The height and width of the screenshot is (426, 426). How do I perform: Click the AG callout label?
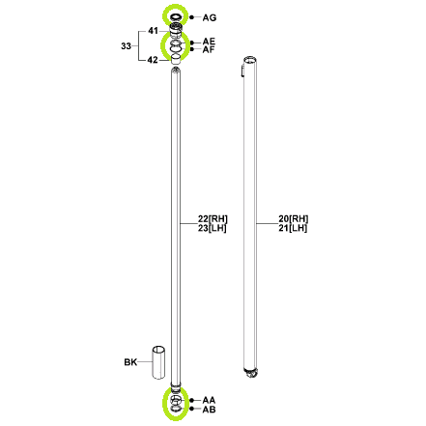(x=210, y=17)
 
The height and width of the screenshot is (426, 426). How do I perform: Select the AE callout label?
(x=209, y=42)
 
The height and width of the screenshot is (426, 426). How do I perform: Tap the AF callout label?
(x=209, y=49)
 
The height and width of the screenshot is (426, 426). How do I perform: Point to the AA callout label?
(x=209, y=400)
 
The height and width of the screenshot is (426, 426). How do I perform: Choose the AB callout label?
(x=209, y=410)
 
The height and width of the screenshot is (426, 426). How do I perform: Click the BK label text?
(x=130, y=362)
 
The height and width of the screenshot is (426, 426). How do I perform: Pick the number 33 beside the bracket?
(x=126, y=46)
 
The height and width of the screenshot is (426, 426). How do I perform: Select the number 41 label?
(x=153, y=31)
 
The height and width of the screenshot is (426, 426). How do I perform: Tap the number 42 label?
(x=153, y=60)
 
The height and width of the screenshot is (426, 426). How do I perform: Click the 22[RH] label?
(x=213, y=219)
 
